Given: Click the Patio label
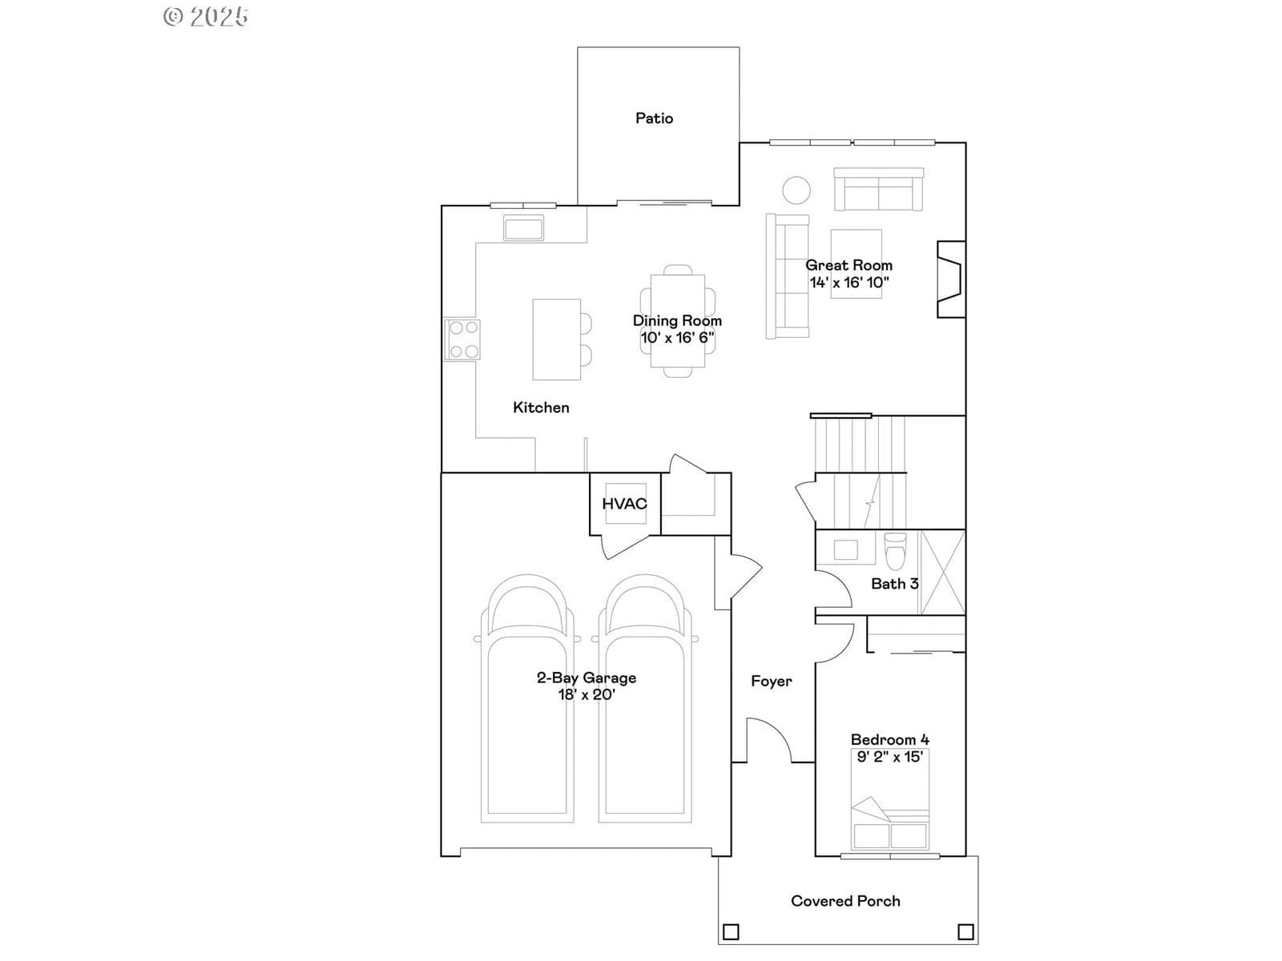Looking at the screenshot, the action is (654, 119).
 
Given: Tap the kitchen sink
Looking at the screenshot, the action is (523, 227).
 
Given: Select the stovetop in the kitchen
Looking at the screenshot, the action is (462, 339).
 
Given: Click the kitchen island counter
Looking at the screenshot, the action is (557, 339).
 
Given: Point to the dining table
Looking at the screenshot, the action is (678, 320).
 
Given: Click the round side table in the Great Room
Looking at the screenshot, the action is (796, 191).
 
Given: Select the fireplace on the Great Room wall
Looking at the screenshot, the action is (951, 279).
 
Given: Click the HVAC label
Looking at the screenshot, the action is (624, 504).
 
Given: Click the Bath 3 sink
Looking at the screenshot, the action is (845, 549).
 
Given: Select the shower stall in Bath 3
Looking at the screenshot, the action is (942, 572).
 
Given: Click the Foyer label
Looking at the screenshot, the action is (772, 681).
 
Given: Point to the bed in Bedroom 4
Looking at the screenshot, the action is (889, 798).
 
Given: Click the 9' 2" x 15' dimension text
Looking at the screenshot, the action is (889, 757).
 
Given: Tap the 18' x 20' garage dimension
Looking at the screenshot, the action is (587, 694).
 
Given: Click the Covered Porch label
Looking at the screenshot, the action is (845, 901).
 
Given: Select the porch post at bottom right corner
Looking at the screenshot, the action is (966, 932).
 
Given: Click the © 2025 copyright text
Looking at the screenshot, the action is (206, 16).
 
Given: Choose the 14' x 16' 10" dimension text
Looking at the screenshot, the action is (849, 283).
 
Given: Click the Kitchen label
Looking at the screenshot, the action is (541, 408).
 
